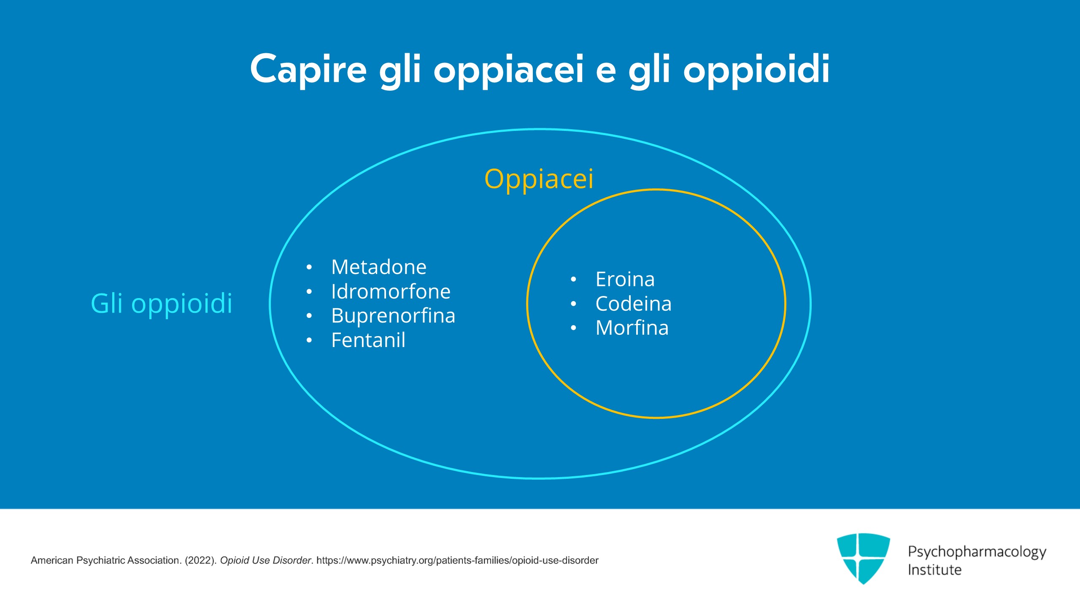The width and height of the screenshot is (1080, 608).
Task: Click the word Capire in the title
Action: (x=308, y=69)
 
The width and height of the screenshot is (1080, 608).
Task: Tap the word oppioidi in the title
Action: (x=756, y=69)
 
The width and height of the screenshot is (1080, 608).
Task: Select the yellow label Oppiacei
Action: (x=539, y=179)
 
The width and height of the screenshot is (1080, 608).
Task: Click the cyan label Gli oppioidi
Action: (x=162, y=303)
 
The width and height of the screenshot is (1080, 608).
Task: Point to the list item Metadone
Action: (x=378, y=267)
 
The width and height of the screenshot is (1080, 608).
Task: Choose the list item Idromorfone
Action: (x=391, y=291)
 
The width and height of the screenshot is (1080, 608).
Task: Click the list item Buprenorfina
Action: (x=393, y=316)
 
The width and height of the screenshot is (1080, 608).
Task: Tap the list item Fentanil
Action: (x=368, y=340)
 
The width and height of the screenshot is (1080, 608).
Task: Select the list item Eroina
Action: (x=625, y=280)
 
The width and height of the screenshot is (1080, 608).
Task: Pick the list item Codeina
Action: (x=633, y=304)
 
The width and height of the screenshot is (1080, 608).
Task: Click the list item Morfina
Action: (x=632, y=328)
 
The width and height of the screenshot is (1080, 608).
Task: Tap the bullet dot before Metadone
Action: (x=309, y=268)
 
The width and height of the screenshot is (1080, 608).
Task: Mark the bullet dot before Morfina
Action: (x=573, y=328)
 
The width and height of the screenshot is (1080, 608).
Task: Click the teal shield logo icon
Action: (x=863, y=558)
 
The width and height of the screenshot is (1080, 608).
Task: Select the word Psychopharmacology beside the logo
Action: (x=977, y=552)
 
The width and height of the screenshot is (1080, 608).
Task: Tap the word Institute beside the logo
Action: (x=934, y=570)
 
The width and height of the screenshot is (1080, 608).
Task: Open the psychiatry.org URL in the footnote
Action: (x=457, y=560)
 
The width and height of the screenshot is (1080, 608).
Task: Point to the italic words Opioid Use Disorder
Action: (x=265, y=560)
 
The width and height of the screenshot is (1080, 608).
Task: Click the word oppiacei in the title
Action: (x=508, y=69)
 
